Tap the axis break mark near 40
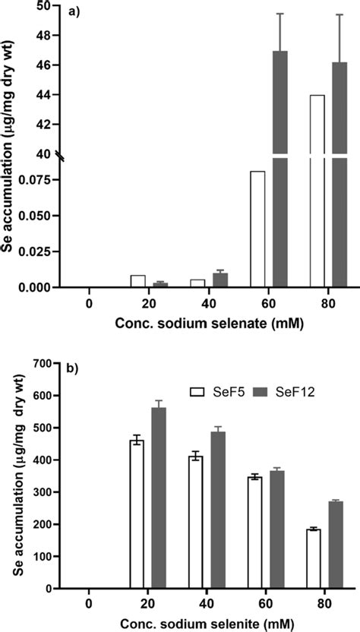coord(65,155)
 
